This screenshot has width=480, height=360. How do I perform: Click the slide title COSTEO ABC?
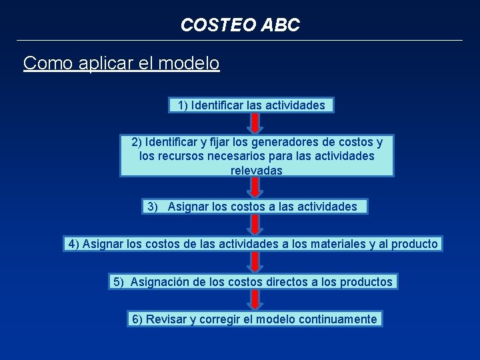[240, 25]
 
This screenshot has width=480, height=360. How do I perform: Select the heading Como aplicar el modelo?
[121, 63]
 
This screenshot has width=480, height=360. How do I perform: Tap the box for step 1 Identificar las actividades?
[251, 105]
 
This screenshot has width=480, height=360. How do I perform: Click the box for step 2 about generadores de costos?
[257, 156]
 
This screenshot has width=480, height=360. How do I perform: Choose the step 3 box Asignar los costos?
[255, 207]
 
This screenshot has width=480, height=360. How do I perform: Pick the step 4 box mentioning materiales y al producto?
[253, 244]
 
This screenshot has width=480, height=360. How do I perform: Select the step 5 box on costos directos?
[253, 282]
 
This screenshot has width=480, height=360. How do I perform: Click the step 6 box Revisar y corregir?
[254, 319]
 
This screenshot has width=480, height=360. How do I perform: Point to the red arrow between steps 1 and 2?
[254, 123]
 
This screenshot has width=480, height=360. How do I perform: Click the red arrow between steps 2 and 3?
[254, 188]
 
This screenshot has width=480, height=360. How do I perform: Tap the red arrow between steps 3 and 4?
[254, 225]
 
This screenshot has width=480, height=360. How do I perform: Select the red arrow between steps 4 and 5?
[254, 263]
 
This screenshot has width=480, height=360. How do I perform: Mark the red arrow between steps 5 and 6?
[254, 301]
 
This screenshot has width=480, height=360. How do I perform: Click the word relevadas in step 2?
[257, 171]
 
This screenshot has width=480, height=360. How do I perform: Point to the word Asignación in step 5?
[159, 282]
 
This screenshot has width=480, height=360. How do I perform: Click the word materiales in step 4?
[339, 244]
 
